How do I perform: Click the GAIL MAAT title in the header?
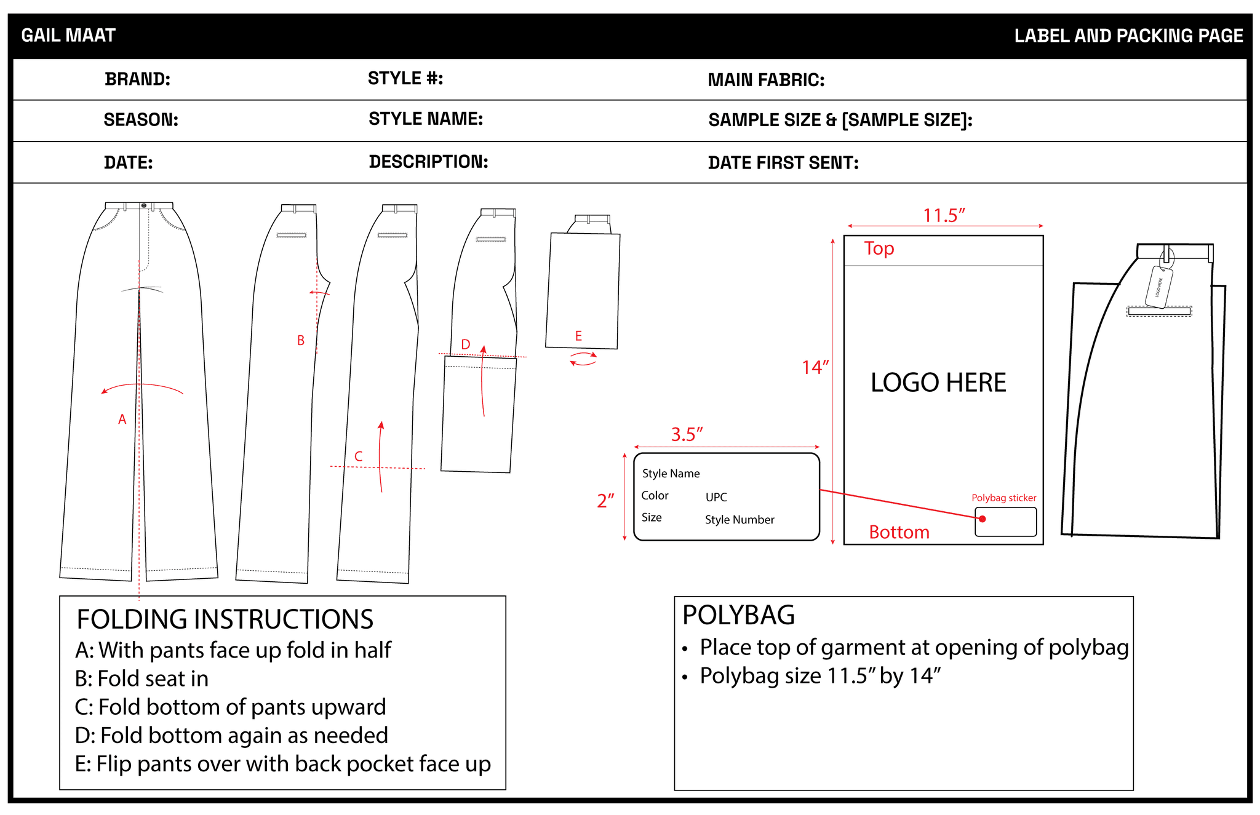pyautogui.click(x=68, y=36)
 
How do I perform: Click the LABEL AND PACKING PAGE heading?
pyautogui.click(x=1128, y=36)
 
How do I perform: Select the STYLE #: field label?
pyautogui.click(x=405, y=79)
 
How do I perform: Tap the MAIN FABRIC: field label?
pyautogui.click(x=765, y=80)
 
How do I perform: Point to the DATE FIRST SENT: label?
pyautogui.click(x=783, y=163)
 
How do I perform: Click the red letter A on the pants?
pyautogui.click(x=122, y=419)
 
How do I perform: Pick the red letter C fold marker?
pyautogui.click(x=359, y=456)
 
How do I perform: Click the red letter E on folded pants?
pyautogui.click(x=578, y=336)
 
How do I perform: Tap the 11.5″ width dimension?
pyautogui.click(x=943, y=216)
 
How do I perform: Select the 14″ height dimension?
pyautogui.click(x=815, y=368)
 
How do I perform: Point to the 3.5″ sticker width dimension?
pyautogui.click(x=687, y=434)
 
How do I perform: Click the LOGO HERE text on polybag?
pyautogui.click(x=938, y=383)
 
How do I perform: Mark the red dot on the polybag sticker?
pyautogui.click(x=983, y=519)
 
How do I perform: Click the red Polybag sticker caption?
pyautogui.click(x=1003, y=498)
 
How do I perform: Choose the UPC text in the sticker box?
pyautogui.click(x=716, y=497)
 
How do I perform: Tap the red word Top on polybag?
pyautogui.click(x=879, y=248)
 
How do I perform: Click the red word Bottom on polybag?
pyautogui.click(x=899, y=532)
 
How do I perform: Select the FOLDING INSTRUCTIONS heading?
pyautogui.click(x=225, y=619)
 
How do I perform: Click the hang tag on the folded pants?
pyautogui.click(x=1158, y=286)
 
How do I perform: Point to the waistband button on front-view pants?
pyautogui.click(x=143, y=205)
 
